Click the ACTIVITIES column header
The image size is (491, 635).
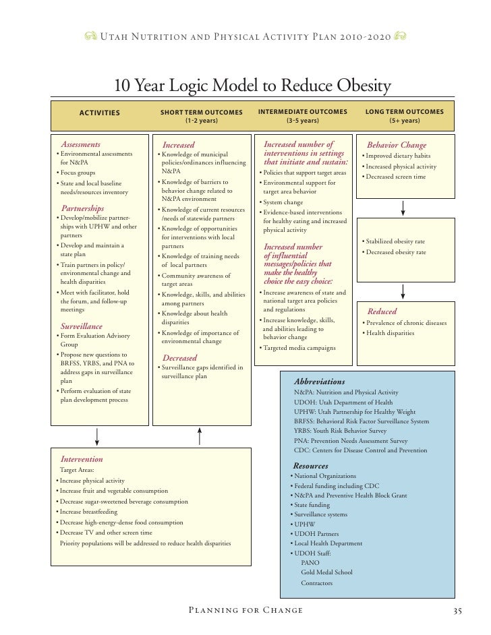coord(99,113)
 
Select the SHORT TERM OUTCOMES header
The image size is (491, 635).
coord(201,112)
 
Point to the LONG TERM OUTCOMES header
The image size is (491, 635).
coord(404,111)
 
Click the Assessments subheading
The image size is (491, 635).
coord(81,144)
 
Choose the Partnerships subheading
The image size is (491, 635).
coord(83,208)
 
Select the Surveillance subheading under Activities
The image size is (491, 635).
coord(82,326)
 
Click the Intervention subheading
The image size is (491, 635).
coord(82,459)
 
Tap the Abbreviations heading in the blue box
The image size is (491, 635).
coord(319,382)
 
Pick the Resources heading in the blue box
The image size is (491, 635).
coord(310,466)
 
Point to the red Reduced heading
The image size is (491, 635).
coord(382,311)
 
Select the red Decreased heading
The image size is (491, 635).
coord(179,357)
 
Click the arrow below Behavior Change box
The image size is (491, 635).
coord(403,208)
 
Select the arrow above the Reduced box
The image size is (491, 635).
coord(403,291)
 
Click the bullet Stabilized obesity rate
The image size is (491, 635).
coord(397,241)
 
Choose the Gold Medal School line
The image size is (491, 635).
coord(326,572)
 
